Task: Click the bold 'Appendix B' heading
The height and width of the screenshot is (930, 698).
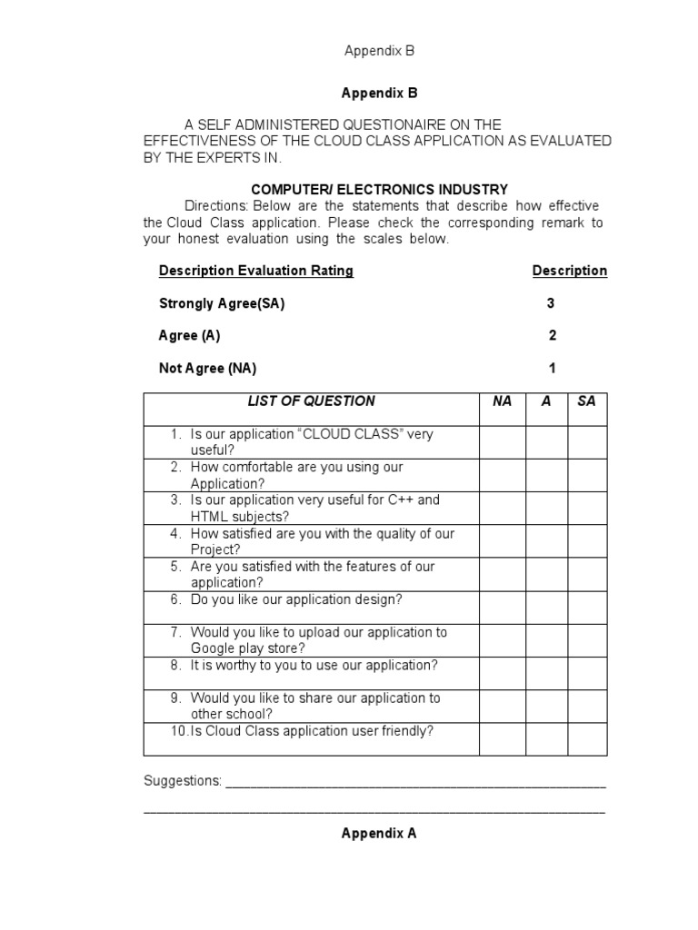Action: (x=378, y=93)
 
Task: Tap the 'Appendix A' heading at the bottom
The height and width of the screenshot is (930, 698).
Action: (x=378, y=832)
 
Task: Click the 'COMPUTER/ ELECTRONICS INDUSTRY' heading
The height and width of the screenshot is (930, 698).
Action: (x=379, y=190)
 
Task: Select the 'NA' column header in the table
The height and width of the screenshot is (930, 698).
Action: (x=503, y=401)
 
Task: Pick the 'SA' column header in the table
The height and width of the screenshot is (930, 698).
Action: (x=587, y=401)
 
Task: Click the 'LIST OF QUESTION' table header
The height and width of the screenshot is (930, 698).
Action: (x=312, y=401)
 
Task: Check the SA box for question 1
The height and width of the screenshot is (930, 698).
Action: (x=587, y=442)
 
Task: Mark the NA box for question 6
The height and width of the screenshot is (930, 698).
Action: (x=503, y=608)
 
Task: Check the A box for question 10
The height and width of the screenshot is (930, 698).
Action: (x=546, y=739)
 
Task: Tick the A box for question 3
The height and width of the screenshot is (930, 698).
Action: (x=546, y=509)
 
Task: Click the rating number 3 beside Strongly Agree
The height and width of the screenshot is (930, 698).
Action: (x=551, y=303)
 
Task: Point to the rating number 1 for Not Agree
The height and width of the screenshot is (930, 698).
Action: (x=552, y=369)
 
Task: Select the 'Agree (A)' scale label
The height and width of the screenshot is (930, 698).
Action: (x=189, y=336)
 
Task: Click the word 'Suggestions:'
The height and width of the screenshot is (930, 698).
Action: (x=183, y=781)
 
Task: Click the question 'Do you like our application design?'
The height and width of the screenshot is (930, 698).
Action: (x=296, y=600)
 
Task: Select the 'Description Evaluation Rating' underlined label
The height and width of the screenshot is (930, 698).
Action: (x=256, y=271)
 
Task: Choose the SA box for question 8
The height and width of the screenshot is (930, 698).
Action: (x=587, y=674)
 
